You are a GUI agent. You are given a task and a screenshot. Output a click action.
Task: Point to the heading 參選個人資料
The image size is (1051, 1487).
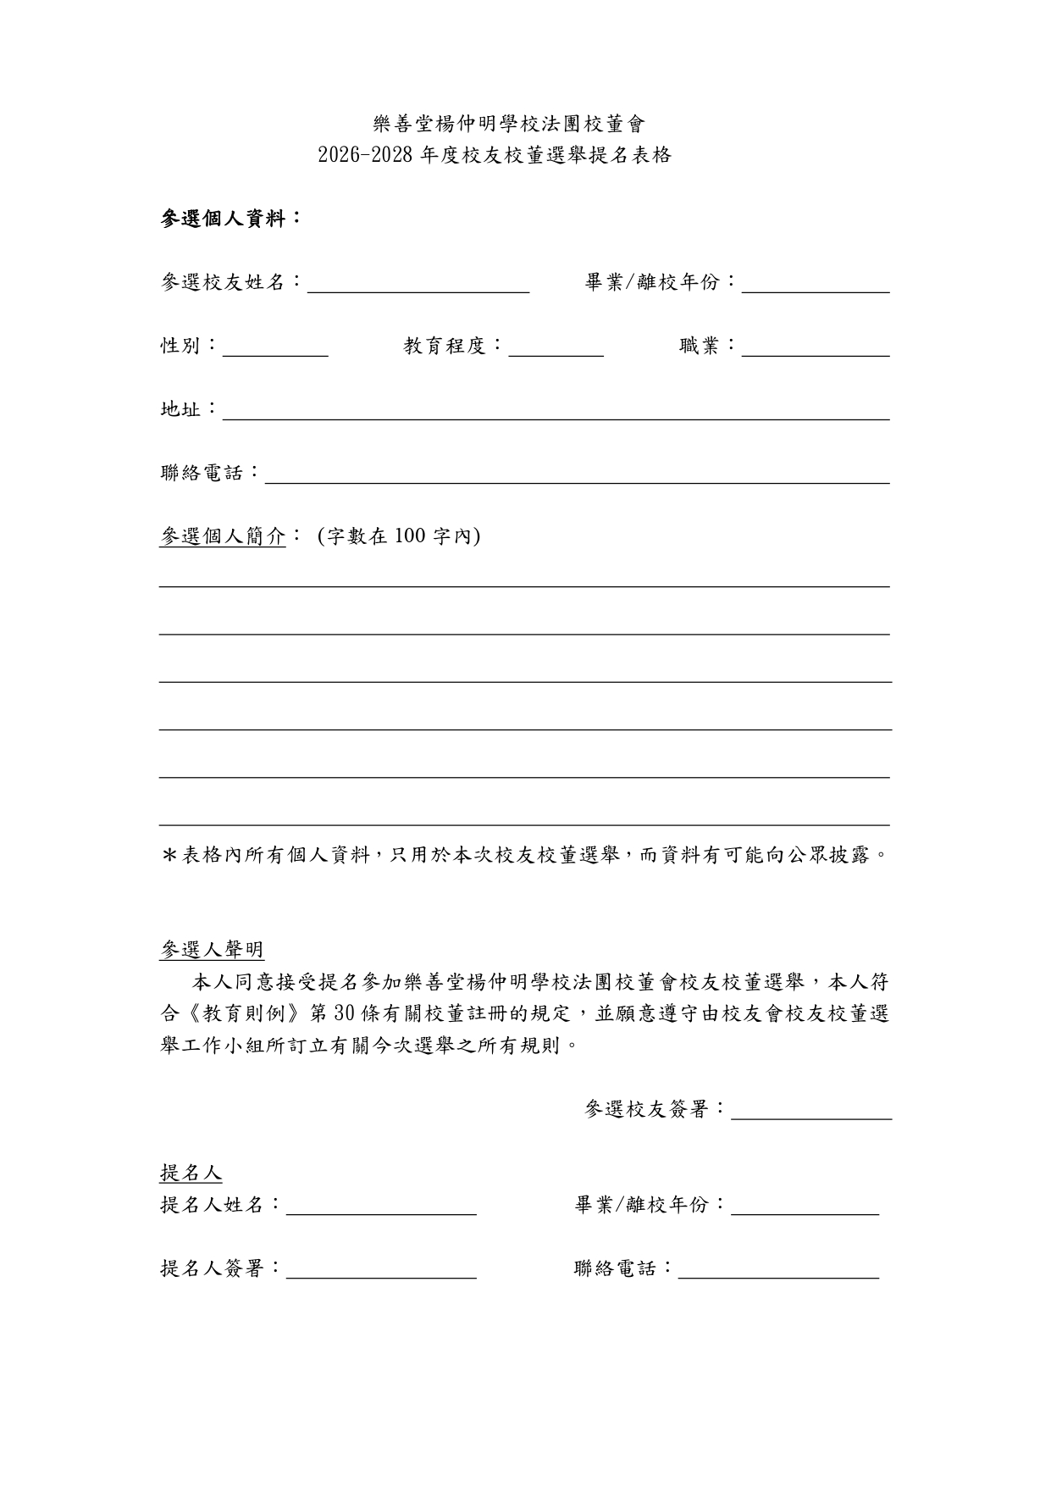pos(230,219)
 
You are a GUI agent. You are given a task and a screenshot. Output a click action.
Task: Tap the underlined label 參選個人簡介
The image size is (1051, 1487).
pos(223,536)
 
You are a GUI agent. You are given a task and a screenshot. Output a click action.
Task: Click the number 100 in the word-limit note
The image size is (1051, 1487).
pos(409,536)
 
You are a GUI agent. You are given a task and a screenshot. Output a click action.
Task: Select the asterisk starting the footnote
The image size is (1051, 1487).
pos(168,855)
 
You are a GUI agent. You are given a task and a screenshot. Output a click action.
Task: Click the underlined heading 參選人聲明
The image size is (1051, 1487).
pos(212,950)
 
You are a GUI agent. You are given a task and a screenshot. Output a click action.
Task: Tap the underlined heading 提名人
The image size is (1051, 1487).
pos(191,1174)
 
